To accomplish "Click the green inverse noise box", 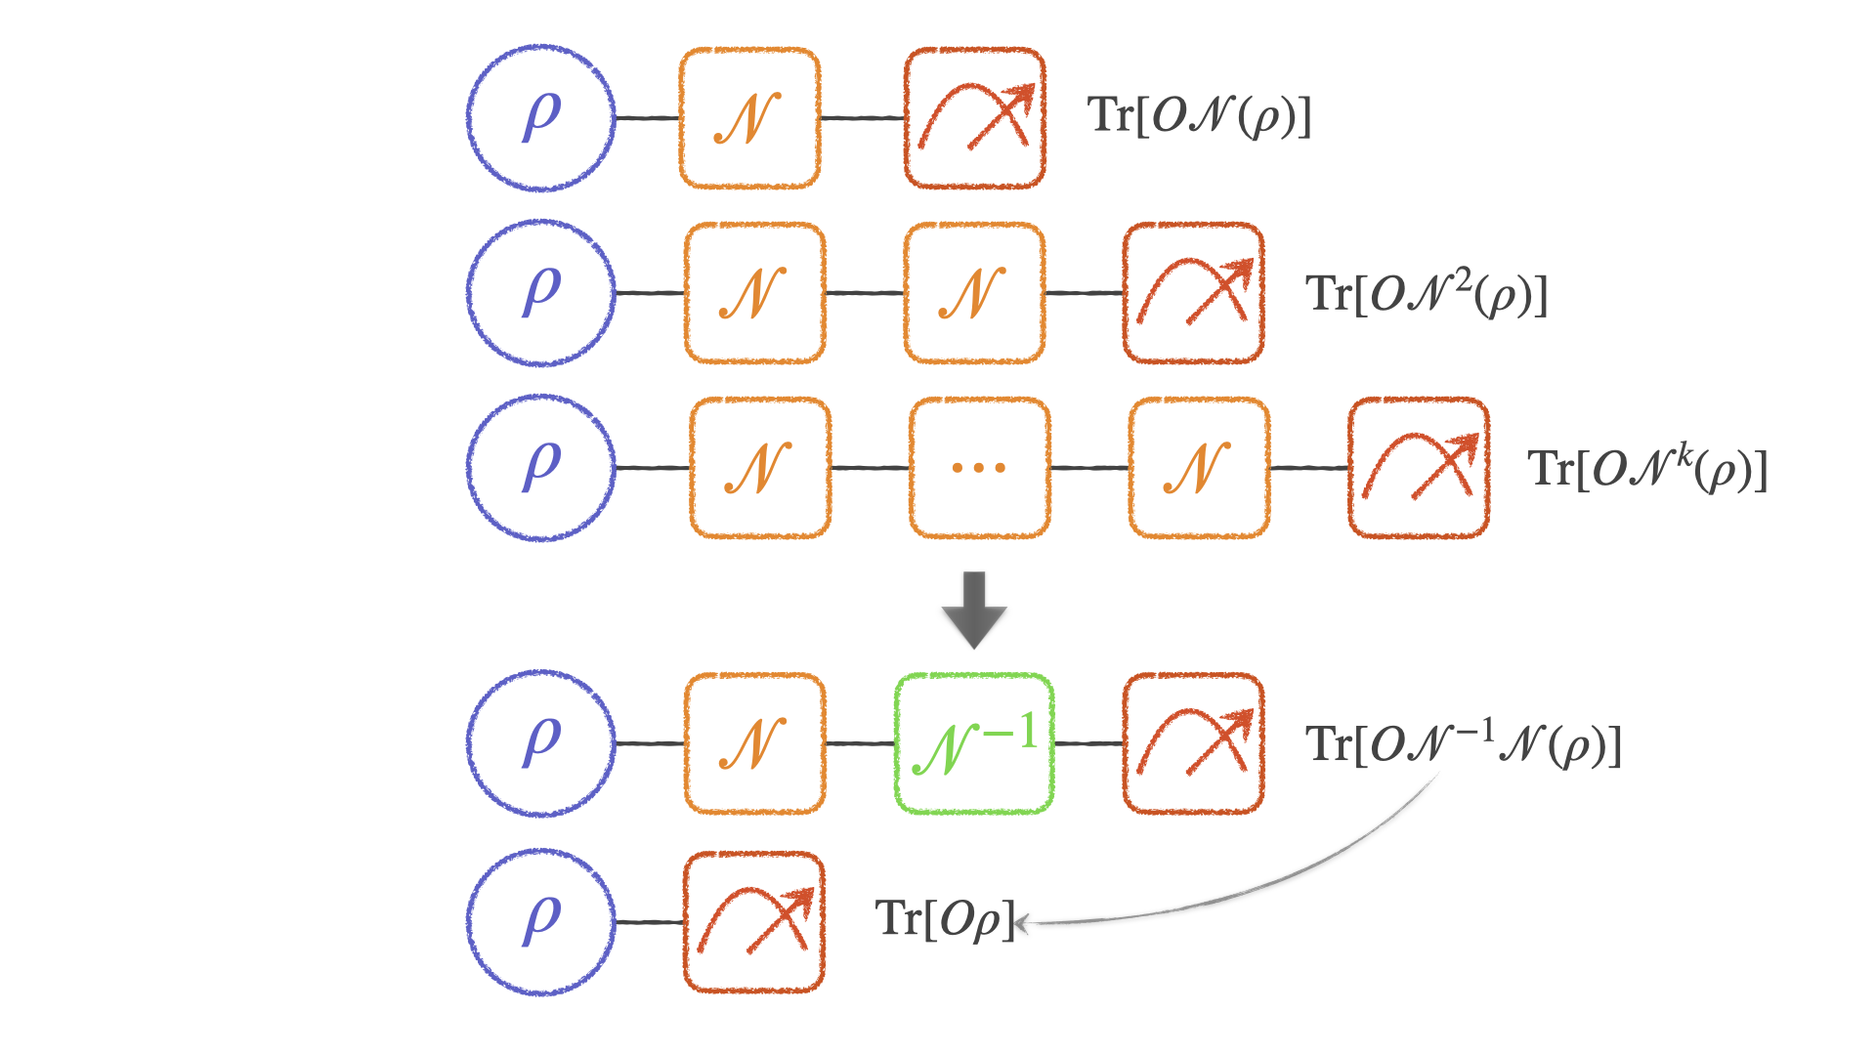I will point(973,743).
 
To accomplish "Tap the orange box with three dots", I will point(979,468).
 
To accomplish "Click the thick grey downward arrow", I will point(974,610).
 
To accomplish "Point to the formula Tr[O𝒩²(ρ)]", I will point(1427,294).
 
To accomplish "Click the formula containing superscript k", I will point(1647,470).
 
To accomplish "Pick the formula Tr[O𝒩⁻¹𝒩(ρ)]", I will point(1463,744).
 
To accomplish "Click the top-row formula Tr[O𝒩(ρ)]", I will point(1199,116).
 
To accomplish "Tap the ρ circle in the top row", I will point(540,117).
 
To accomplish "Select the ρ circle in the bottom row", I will point(540,921).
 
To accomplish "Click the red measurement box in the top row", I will point(974,117).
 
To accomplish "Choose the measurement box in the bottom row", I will point(753,922).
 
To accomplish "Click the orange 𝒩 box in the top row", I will point(749,117).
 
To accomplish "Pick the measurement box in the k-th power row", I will point(1418,468).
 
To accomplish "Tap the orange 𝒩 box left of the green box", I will point(753,743).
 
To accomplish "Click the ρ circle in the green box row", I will point(540,743).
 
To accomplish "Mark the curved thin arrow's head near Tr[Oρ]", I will point(1022,922).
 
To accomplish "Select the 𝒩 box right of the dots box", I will point(1199,468).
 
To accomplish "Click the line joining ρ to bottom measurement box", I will point(650,922).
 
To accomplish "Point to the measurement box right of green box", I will point(1193,743).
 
